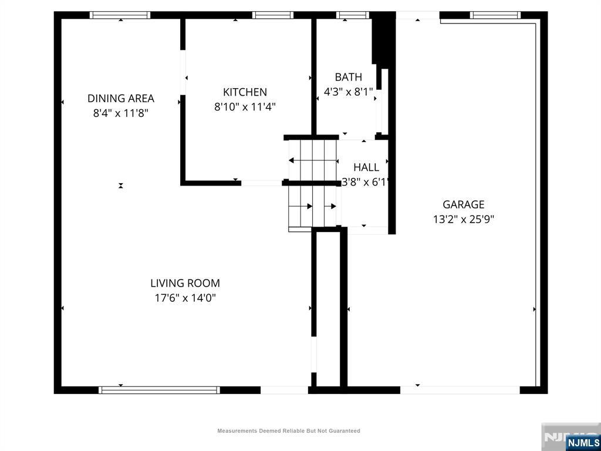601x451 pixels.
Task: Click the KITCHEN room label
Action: point(245,92)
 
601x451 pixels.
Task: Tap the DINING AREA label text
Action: point(121,99)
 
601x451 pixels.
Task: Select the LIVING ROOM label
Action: point(185,284)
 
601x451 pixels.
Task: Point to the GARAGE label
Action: point(464,204)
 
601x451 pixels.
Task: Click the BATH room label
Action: point(349,77)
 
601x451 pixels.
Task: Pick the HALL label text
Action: point(366,167)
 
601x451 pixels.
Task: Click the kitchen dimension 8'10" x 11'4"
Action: point(245,107)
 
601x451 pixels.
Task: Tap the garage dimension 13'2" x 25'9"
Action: point(464,220)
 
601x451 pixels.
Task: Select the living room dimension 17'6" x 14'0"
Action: point(185,298)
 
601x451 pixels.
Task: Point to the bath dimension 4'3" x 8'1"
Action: point(349,92)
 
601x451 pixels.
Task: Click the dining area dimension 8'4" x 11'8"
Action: point(121,113)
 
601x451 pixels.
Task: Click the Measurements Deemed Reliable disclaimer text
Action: point(289,431)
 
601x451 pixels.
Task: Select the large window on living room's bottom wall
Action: point(160,390)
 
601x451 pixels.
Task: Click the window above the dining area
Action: point(120,15)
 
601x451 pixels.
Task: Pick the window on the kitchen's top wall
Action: point(272,15)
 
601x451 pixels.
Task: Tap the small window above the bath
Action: point(353,15)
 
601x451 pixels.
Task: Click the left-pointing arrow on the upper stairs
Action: point(313,160)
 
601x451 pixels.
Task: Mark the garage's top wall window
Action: point(495,15)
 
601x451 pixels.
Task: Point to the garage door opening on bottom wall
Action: point(460,390)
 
